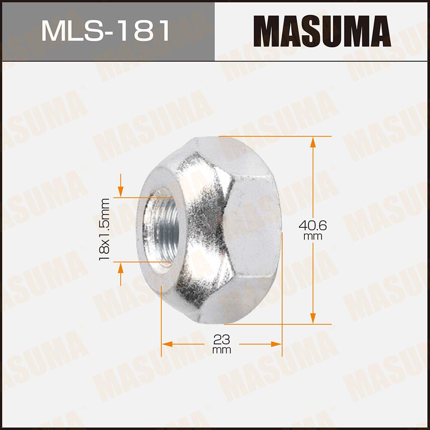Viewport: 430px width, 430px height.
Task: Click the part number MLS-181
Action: pyautogui.click(x=106, y=31)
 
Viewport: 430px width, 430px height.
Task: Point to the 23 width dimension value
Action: pyautogui.click(x=221, y=339)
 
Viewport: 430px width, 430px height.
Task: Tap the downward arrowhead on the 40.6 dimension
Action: pyautogui.click(x=313, y=318)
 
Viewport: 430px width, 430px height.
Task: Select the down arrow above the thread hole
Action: pyautogui.click(x=120, y=190)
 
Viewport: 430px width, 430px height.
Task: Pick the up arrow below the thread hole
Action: pyautogui.click(x=120, y=268)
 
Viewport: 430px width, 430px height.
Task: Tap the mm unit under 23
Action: pyautogui.click(x=221, y=350)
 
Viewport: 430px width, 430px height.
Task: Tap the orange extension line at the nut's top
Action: pyautogui.click(x=275, y=136)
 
